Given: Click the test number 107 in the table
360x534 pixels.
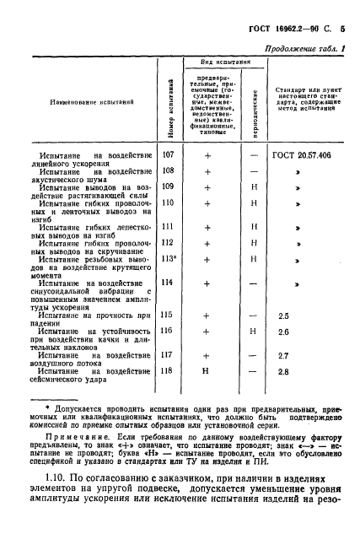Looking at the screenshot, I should click(x=168, y=154).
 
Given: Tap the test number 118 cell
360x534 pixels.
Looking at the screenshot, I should click(x=168, y=370).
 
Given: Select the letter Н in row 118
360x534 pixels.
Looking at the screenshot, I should click(x=207, y=371).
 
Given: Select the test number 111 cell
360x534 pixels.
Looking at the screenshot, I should click(x=168, y=227).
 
